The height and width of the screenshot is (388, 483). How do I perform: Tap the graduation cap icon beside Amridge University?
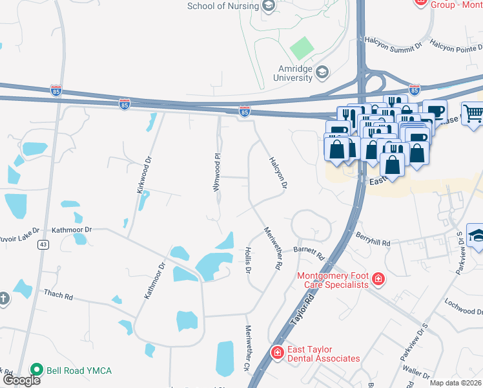click(322, 72)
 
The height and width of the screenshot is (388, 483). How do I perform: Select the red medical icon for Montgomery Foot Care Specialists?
click(378, 280)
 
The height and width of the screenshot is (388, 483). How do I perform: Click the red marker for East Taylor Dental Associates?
click(277, 352)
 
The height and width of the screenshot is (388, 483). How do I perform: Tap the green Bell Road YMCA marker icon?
click(37, 371)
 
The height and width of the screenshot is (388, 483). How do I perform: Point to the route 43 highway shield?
click(43, 244)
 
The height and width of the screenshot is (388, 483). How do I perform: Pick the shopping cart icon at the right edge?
click(473, 114)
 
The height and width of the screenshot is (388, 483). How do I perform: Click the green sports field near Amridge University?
click(302, 47)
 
